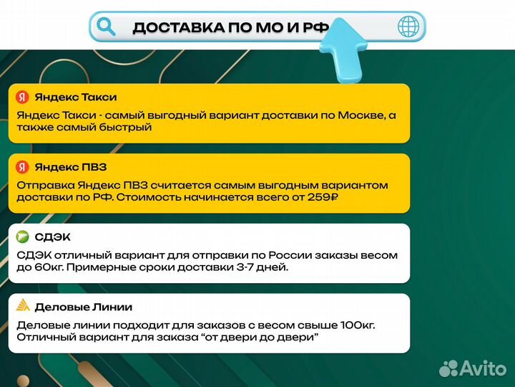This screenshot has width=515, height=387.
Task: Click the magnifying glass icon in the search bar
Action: pyautogui.click(x=107, y=27)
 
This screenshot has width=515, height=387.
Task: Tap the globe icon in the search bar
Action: pyautogui.click(x=409, y=27)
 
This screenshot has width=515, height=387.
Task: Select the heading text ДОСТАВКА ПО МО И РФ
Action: pyautogui.click(x=231, y=28)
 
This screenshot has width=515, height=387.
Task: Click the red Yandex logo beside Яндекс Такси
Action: pyautogui.click(x=23, y=97)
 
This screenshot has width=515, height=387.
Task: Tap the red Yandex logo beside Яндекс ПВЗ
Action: pyautogui.click(x=23, y=167)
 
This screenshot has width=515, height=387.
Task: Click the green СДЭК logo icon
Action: pyautogui.click(x=23, y=237)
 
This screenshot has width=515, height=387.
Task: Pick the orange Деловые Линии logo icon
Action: pyautogui.click(x=23, y=307)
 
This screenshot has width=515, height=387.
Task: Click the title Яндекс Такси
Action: pyautogui.click(x=76, y=97)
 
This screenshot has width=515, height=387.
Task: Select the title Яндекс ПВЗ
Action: pyautogui.click(x=71, y=167)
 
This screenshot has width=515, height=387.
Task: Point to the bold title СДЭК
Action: pyautogui.click(x=53, y=237)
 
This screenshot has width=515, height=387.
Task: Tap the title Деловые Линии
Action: pyautogui.click(x=84, y=307)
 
